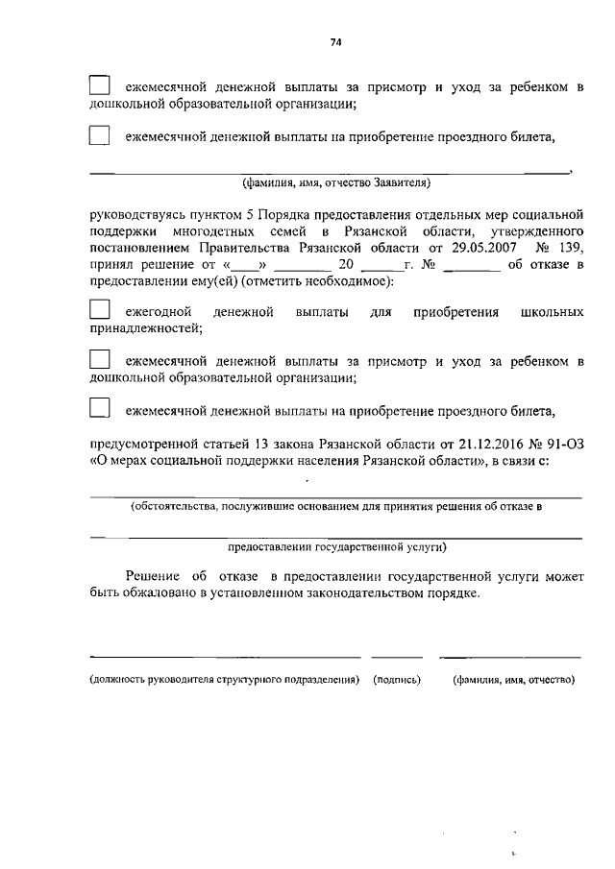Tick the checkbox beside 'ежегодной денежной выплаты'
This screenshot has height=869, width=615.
point(100,312)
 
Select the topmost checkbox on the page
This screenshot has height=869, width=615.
point(100,87)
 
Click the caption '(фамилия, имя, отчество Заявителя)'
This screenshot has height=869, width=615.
point(335,181)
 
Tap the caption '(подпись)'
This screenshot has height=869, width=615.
point(397,680)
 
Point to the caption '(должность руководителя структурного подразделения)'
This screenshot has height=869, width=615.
point(224,680)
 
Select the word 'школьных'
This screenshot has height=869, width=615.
point(551,312)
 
